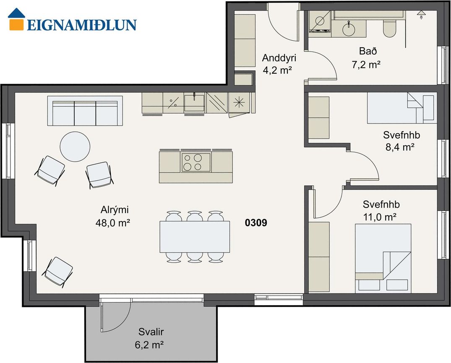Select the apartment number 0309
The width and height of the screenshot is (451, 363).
[x=255, y=223]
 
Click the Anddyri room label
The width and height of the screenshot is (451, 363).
[x=279, y=58]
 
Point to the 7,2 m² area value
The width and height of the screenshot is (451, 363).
[x=366, y=64]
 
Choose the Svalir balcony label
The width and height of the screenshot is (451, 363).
[x=151, y=332]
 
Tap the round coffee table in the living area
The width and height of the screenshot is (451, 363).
[x=75, y=147]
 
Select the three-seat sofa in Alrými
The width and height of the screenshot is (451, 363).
[x=85, y=111]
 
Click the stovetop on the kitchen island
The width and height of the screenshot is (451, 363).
[x=196, y=162]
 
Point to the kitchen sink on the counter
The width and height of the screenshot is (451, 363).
[x=194, y=103]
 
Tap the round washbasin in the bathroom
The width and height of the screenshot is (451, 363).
[x=349, y=29]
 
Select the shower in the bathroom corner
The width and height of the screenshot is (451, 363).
[x=320, y=21]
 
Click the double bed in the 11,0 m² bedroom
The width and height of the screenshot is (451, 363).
[x=383, y=258]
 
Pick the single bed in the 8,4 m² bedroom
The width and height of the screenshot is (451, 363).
[x=402, y=108]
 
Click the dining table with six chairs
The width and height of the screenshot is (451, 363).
[x=195, y=237]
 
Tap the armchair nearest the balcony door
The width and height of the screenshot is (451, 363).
[x=57, y=271]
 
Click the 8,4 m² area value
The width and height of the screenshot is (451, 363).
[x=400, y=147]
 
